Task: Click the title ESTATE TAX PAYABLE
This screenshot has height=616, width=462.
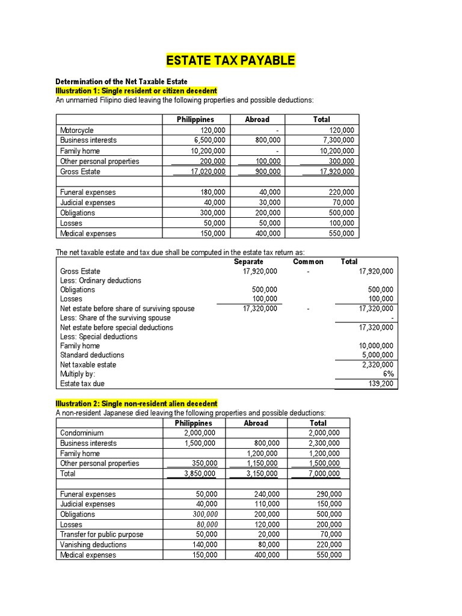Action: coord(230,61)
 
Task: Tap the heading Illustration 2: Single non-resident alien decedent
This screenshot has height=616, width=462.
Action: coord(137,403)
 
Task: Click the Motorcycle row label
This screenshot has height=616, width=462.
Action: coord(77,130)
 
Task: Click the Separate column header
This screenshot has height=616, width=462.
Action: coord(248,262)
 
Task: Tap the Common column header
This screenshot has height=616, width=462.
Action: coord(308,262)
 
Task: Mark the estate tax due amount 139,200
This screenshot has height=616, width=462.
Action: coord(380,383)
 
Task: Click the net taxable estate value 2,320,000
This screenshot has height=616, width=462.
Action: coord(377,365)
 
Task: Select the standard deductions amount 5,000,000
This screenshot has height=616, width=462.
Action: coord(377,355)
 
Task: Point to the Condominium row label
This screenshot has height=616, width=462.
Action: coord(82,433)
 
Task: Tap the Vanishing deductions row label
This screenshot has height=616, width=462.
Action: coord(93,544)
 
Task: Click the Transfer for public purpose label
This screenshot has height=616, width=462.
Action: coord(101,534)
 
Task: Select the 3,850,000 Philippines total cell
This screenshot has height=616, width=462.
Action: coord(200,473)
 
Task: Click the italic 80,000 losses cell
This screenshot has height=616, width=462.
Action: coord(206,525)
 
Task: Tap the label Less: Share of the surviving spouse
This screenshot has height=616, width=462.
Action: coord(115,318)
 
